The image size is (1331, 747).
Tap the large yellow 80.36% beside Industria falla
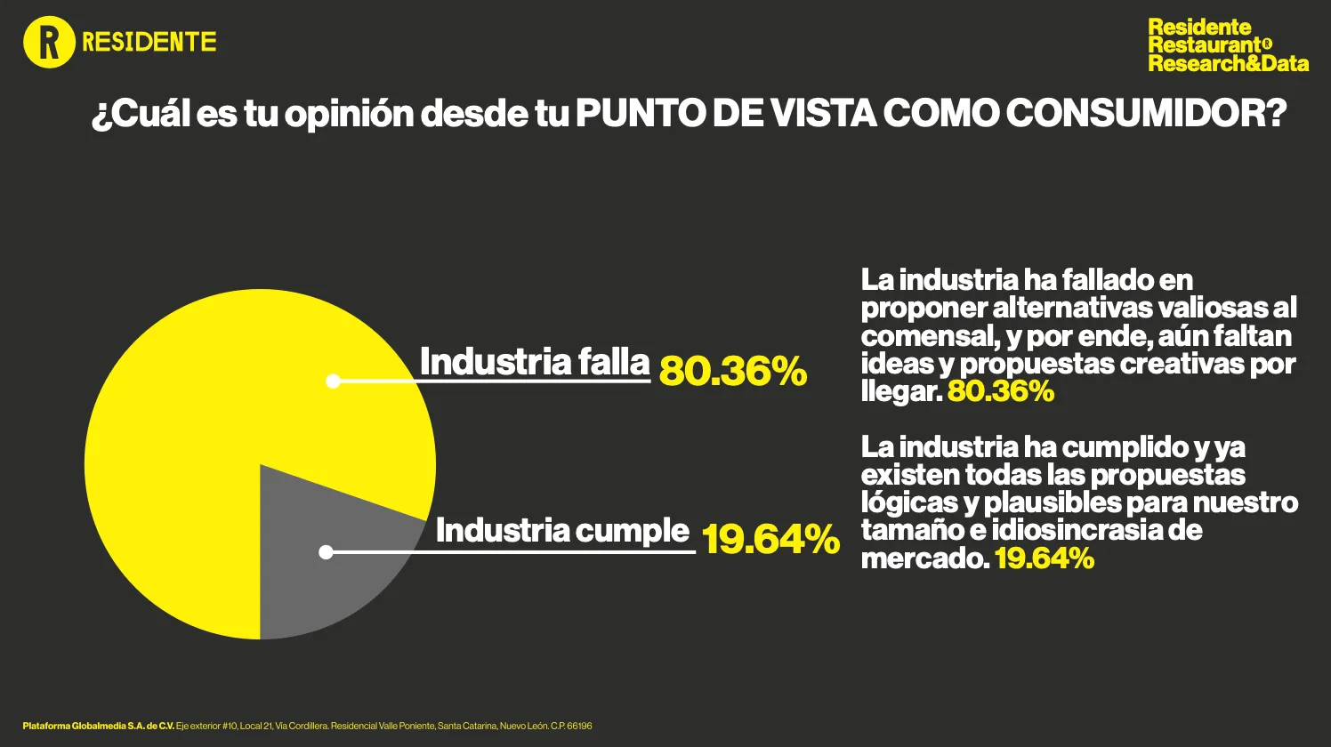click(732, 371)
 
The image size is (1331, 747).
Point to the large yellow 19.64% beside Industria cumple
click(770, 539)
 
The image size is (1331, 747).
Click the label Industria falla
click(535, 362)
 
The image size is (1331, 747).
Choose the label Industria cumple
click(562, 531)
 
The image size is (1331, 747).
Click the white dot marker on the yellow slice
click(333, 382)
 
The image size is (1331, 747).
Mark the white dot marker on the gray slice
click(326, 552)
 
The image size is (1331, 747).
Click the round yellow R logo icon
click(48, 43)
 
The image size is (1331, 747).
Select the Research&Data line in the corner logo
click(1228, 63)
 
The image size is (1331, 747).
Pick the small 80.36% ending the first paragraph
click(1000, 391)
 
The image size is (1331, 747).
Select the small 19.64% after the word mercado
click(1044, 558)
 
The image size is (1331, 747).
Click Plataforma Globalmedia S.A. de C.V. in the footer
click(99, 727)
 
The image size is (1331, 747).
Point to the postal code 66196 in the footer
click(579, 727)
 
